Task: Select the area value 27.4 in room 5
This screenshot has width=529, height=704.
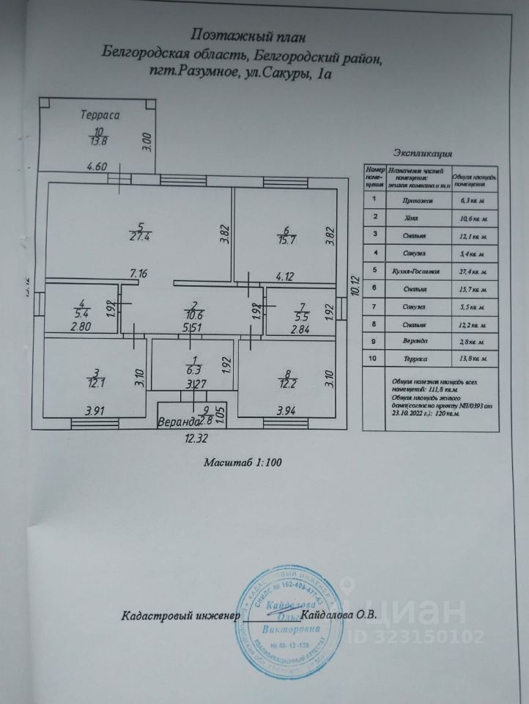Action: (x=139, y=236)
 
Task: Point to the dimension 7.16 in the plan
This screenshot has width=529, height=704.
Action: (x=139, y=274)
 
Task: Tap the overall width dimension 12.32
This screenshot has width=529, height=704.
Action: (x=196, y=439)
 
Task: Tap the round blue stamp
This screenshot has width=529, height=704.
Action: (x=290, y=613)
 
